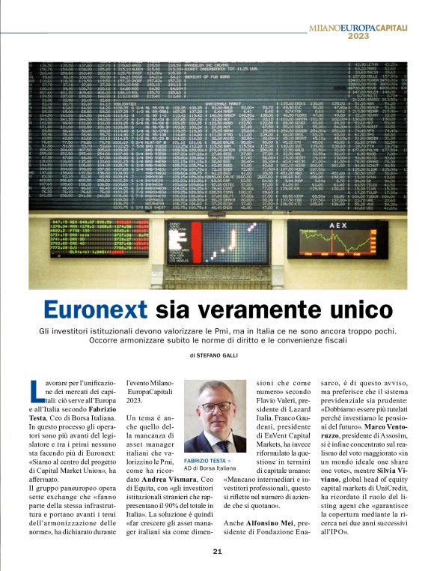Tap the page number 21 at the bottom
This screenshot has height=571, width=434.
(x=217, y=552)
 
